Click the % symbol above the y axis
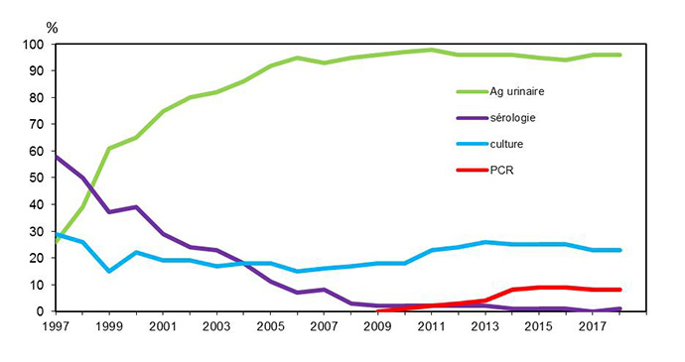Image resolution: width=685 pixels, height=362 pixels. click(x=52, y=27)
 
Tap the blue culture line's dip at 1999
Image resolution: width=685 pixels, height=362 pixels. click(x=109, y=271)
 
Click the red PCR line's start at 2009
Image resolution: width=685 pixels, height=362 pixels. click(x=378, y=310)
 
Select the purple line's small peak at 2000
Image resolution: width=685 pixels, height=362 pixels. click(x=136, y=207)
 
